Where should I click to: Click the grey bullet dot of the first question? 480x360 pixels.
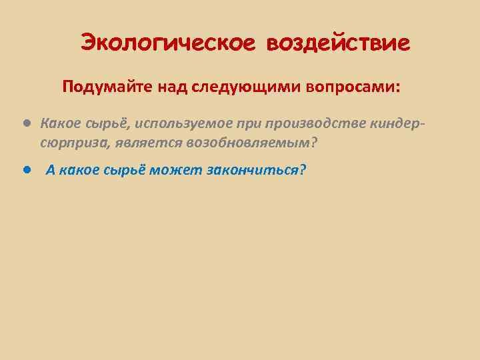coord(25,123)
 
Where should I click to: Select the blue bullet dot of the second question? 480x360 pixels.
coord(25,169)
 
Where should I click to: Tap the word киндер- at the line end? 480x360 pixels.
coord(400,124)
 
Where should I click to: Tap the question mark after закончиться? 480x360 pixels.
coord(303,170)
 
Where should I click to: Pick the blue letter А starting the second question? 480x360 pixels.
coord(50,170)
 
